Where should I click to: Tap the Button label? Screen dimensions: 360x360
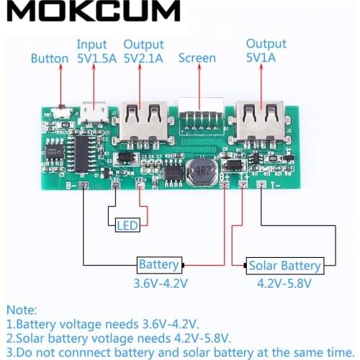(49, 59)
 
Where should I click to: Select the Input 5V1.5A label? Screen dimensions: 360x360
(96, 51)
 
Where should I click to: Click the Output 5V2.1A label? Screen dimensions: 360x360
(144, 51)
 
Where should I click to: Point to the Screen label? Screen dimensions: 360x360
(197, 59)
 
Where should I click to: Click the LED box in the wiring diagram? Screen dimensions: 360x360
(126, 227)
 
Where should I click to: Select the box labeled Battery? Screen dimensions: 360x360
(159, 264)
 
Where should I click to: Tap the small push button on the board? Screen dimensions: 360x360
(65, 112)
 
